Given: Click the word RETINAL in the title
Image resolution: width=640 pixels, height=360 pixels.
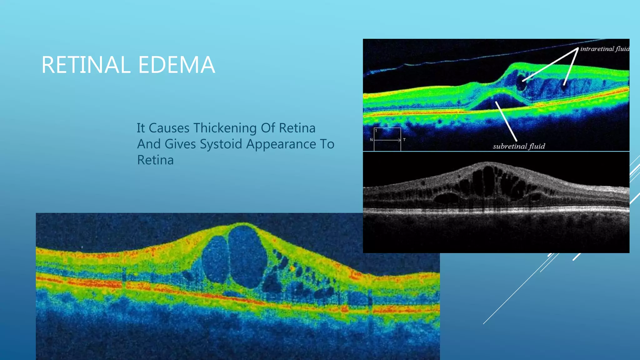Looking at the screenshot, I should (85, 65).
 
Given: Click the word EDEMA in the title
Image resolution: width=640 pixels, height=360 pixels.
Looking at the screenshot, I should (177, 65).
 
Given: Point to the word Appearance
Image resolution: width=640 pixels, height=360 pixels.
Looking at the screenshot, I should (281, 144).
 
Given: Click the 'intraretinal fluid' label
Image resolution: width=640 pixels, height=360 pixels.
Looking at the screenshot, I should (604, 49).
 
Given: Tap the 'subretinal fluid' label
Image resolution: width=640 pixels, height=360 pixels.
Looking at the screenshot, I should (519, 146).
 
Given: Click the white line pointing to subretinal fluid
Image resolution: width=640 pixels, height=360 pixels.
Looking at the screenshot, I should (506, 122).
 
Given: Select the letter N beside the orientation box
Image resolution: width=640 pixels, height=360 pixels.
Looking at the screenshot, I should (371, 140).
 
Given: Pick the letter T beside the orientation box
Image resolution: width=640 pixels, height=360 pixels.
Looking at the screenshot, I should (404, 140).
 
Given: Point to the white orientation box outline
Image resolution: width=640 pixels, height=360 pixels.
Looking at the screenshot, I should (387, 128).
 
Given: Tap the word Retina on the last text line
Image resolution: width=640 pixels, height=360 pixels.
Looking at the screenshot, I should (155, 160).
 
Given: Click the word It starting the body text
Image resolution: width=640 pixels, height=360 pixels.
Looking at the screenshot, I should (141, 128).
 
